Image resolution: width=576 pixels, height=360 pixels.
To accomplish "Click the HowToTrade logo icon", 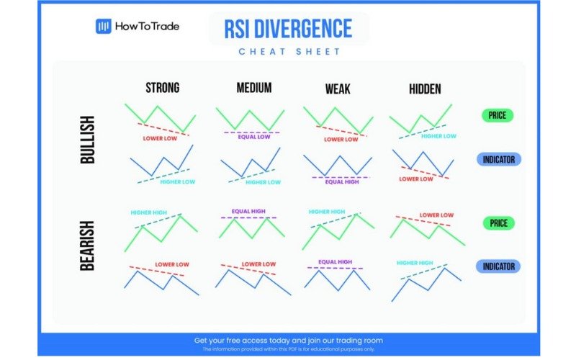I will pyautogui.click(x=103, y=27).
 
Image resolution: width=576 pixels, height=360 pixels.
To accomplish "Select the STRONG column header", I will pyautogui.click(x=163, y=88).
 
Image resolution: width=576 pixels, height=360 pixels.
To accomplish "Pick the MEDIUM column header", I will pyautogui.click(x=254, y=88).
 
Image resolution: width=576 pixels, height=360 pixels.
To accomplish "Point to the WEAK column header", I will pyautogui.click(x=337, y=89).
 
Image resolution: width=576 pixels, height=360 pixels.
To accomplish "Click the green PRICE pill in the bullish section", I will pyautogui.click(x=498, y=115).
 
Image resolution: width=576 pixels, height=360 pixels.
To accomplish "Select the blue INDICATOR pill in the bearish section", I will pyautogui.click(x=498, y=266).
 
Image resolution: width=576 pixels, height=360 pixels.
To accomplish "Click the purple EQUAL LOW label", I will pyautogui.click(x=254, y=137).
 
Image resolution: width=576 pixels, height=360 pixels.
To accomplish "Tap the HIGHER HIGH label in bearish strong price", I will pyautogui.click(x=148, y=213).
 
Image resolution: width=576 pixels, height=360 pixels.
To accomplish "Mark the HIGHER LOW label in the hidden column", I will pyautogui.click(x=438, y=136).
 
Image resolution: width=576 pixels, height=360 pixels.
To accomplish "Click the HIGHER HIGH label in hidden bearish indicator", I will pyautogui.click(x=415, y=264).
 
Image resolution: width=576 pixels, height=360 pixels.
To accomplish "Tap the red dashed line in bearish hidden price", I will pyautogui.click(x=425, y=221).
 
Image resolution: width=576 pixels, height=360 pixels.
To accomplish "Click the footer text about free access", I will pyautogui.click(x=288, y=340).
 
